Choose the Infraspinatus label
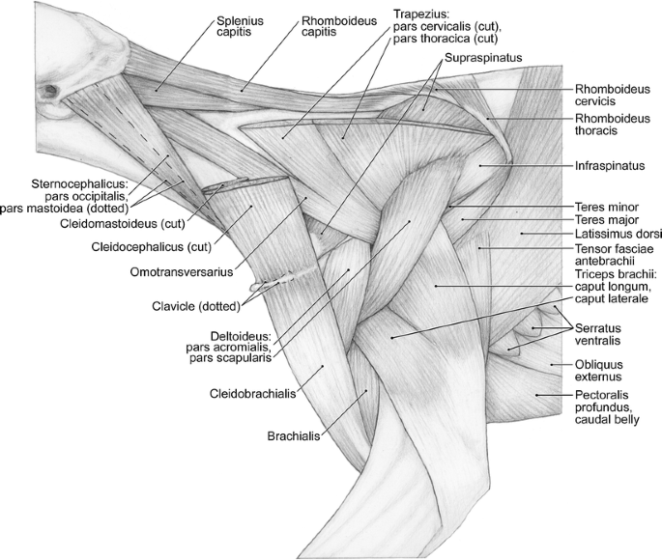(609, 165)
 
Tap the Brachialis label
(295, 435)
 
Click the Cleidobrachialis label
(252, 394)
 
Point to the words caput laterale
(609, 300)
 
